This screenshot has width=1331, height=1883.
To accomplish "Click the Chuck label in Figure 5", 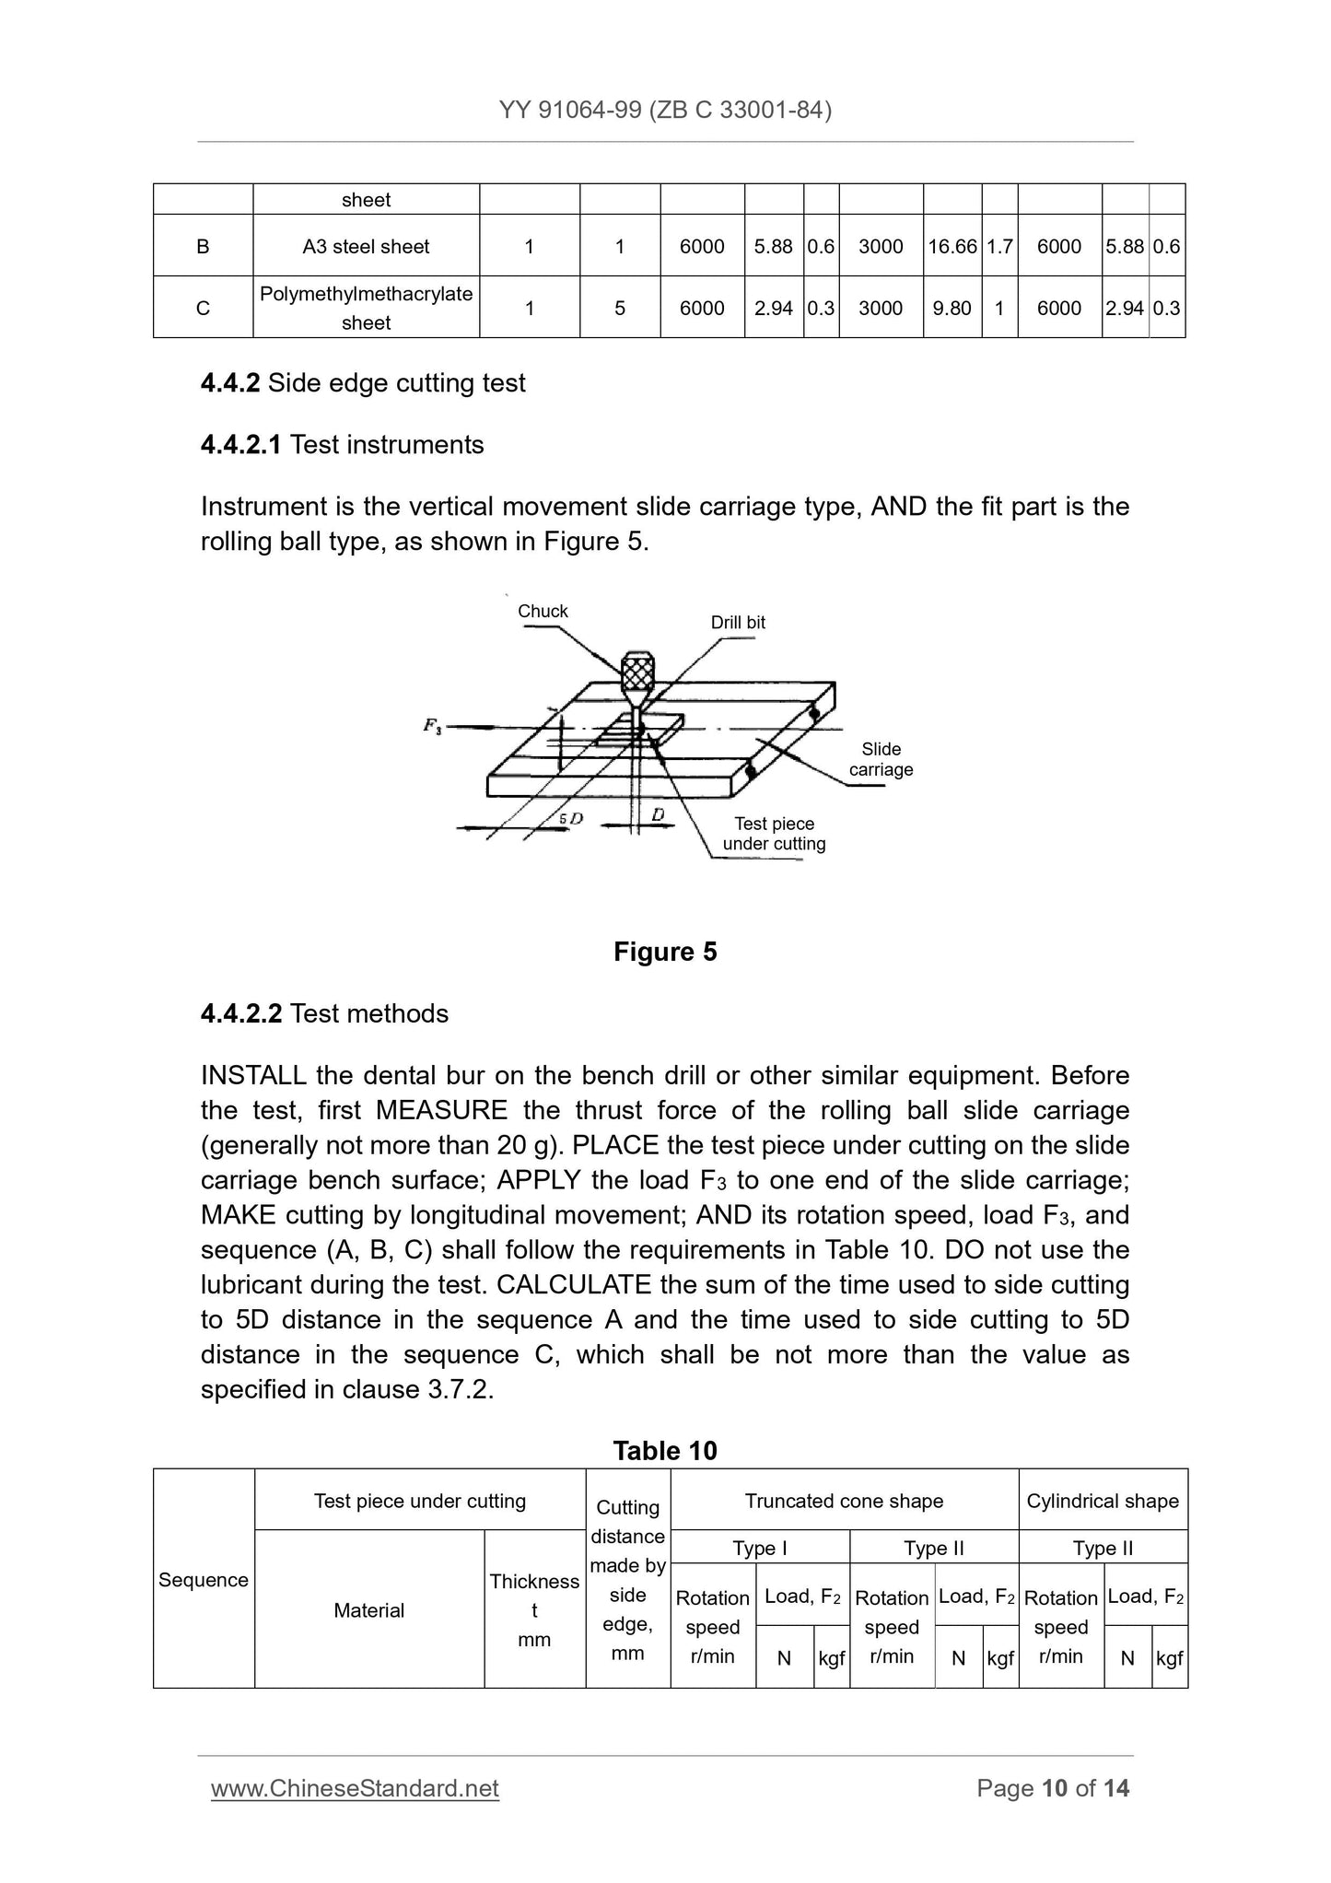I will coord(543,611).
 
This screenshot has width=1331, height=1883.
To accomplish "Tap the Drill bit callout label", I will coord(738,623).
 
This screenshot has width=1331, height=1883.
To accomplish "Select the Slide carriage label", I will coord(881,759).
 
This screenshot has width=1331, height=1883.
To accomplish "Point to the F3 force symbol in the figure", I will coord(432,726).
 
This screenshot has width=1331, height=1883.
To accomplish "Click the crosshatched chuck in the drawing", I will coord(637,674).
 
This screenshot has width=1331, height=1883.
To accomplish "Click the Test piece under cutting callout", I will coord(774,834).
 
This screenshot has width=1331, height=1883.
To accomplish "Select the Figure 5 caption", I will coord(665,952).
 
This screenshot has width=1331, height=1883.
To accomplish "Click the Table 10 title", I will coord(665,1451).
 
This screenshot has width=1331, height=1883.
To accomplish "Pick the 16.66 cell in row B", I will coord(952,247).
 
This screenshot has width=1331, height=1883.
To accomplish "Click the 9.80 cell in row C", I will coord(952,309).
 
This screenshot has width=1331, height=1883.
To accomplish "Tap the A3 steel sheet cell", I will coord(366,247).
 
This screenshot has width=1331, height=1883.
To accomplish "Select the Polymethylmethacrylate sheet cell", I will coord(366,308).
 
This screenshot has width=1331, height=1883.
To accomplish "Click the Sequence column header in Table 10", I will coord(204,1580).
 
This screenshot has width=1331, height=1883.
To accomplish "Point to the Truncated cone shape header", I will coord(844,1501).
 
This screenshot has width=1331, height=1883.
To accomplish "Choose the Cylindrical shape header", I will coord(1103,1501).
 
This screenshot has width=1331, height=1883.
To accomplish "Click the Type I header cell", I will coord(760,1548).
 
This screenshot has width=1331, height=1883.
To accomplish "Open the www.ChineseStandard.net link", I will coord(355,1788).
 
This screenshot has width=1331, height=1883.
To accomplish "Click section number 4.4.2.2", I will coord(240,1013).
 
